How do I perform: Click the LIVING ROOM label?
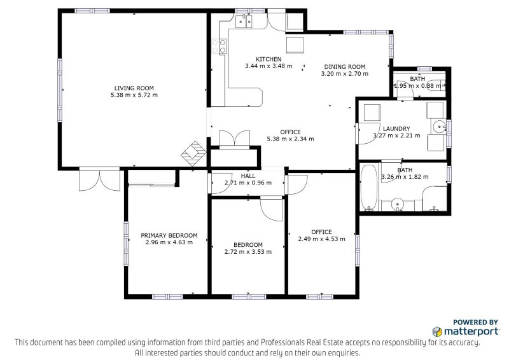pos(134,88)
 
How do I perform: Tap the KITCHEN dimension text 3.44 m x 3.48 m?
pos(268,66)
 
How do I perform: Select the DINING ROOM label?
pos(345,67)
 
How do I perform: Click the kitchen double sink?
pos(244,22)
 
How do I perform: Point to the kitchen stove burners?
pos(219,46)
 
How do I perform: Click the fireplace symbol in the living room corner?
pos(194,153)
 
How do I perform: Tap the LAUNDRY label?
pos(396,128)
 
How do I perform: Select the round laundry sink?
pos(440,127)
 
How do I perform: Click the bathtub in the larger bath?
pos(369,188)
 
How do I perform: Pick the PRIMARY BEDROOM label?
pos(169,235)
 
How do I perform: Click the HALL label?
pos(248,176)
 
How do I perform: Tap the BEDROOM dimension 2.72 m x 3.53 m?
pos(248,252)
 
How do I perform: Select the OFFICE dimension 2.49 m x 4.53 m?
pos(322,239)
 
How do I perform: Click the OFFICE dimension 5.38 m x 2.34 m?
pos(290,139)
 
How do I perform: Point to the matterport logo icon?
pos(437,331)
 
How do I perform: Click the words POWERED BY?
pos(475,322)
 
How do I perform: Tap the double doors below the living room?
pos(100,179)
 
